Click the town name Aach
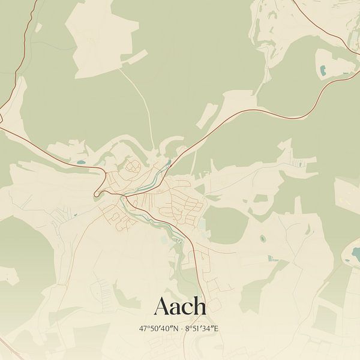click(180, 307)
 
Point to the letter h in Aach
click(200, 307)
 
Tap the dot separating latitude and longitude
click(181, 329)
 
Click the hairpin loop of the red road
click(97, 193)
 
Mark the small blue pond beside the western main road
click(80, 162)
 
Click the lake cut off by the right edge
click(355, 254)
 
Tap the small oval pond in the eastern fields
click(262, 239)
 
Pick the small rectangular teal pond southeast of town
click(271, 259)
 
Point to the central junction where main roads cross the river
click(126, 196)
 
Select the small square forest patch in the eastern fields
click(260, 198)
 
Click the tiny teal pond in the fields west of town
click(75, 214)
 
